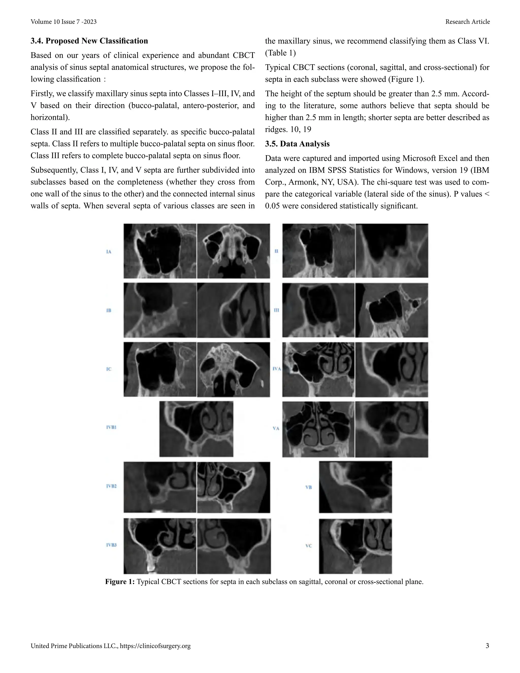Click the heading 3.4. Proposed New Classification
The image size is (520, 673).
tap(89, 41)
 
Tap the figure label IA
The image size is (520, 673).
tap(108, 252)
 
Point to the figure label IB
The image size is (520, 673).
tap(108, 310)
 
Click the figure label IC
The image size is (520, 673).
tap(108, 369)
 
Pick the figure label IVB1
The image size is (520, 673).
tap(111, 427)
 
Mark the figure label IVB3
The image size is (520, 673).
tap(111, 545)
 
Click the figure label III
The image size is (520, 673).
tap(276, 310)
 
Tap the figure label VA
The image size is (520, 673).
tap(276, 428)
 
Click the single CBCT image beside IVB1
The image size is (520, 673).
tap(196, 429)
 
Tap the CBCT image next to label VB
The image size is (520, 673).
tap(355, 487)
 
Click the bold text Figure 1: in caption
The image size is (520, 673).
tap(120, 582)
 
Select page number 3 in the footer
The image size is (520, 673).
tap(487, 646)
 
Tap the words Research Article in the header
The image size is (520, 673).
tap(467, 22)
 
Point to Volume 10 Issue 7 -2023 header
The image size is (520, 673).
tap(63, 22)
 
